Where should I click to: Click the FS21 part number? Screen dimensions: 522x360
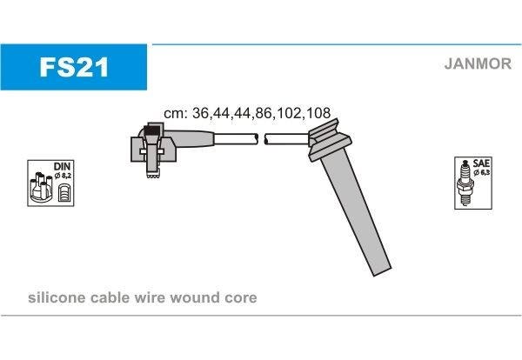74,67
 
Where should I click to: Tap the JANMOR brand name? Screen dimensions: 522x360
478,63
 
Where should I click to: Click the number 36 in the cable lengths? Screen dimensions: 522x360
200,113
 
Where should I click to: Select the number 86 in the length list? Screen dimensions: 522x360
263,113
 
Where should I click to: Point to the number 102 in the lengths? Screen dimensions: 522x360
288,113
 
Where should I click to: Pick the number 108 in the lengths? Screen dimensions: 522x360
318,113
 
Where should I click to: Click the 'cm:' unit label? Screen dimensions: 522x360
176,114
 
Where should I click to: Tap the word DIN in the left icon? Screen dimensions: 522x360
63,166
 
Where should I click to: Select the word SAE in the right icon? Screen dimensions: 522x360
481,163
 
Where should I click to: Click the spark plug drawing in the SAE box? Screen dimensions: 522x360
465,183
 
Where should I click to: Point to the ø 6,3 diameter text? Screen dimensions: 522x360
482,172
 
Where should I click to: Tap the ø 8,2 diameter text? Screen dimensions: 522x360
63,176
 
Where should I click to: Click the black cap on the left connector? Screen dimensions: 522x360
152,130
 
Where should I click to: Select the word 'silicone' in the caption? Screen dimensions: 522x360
57,297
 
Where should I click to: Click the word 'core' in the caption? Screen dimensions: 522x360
241,298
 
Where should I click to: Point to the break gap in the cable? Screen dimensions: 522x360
261,139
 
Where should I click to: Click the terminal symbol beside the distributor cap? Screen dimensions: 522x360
64,193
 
